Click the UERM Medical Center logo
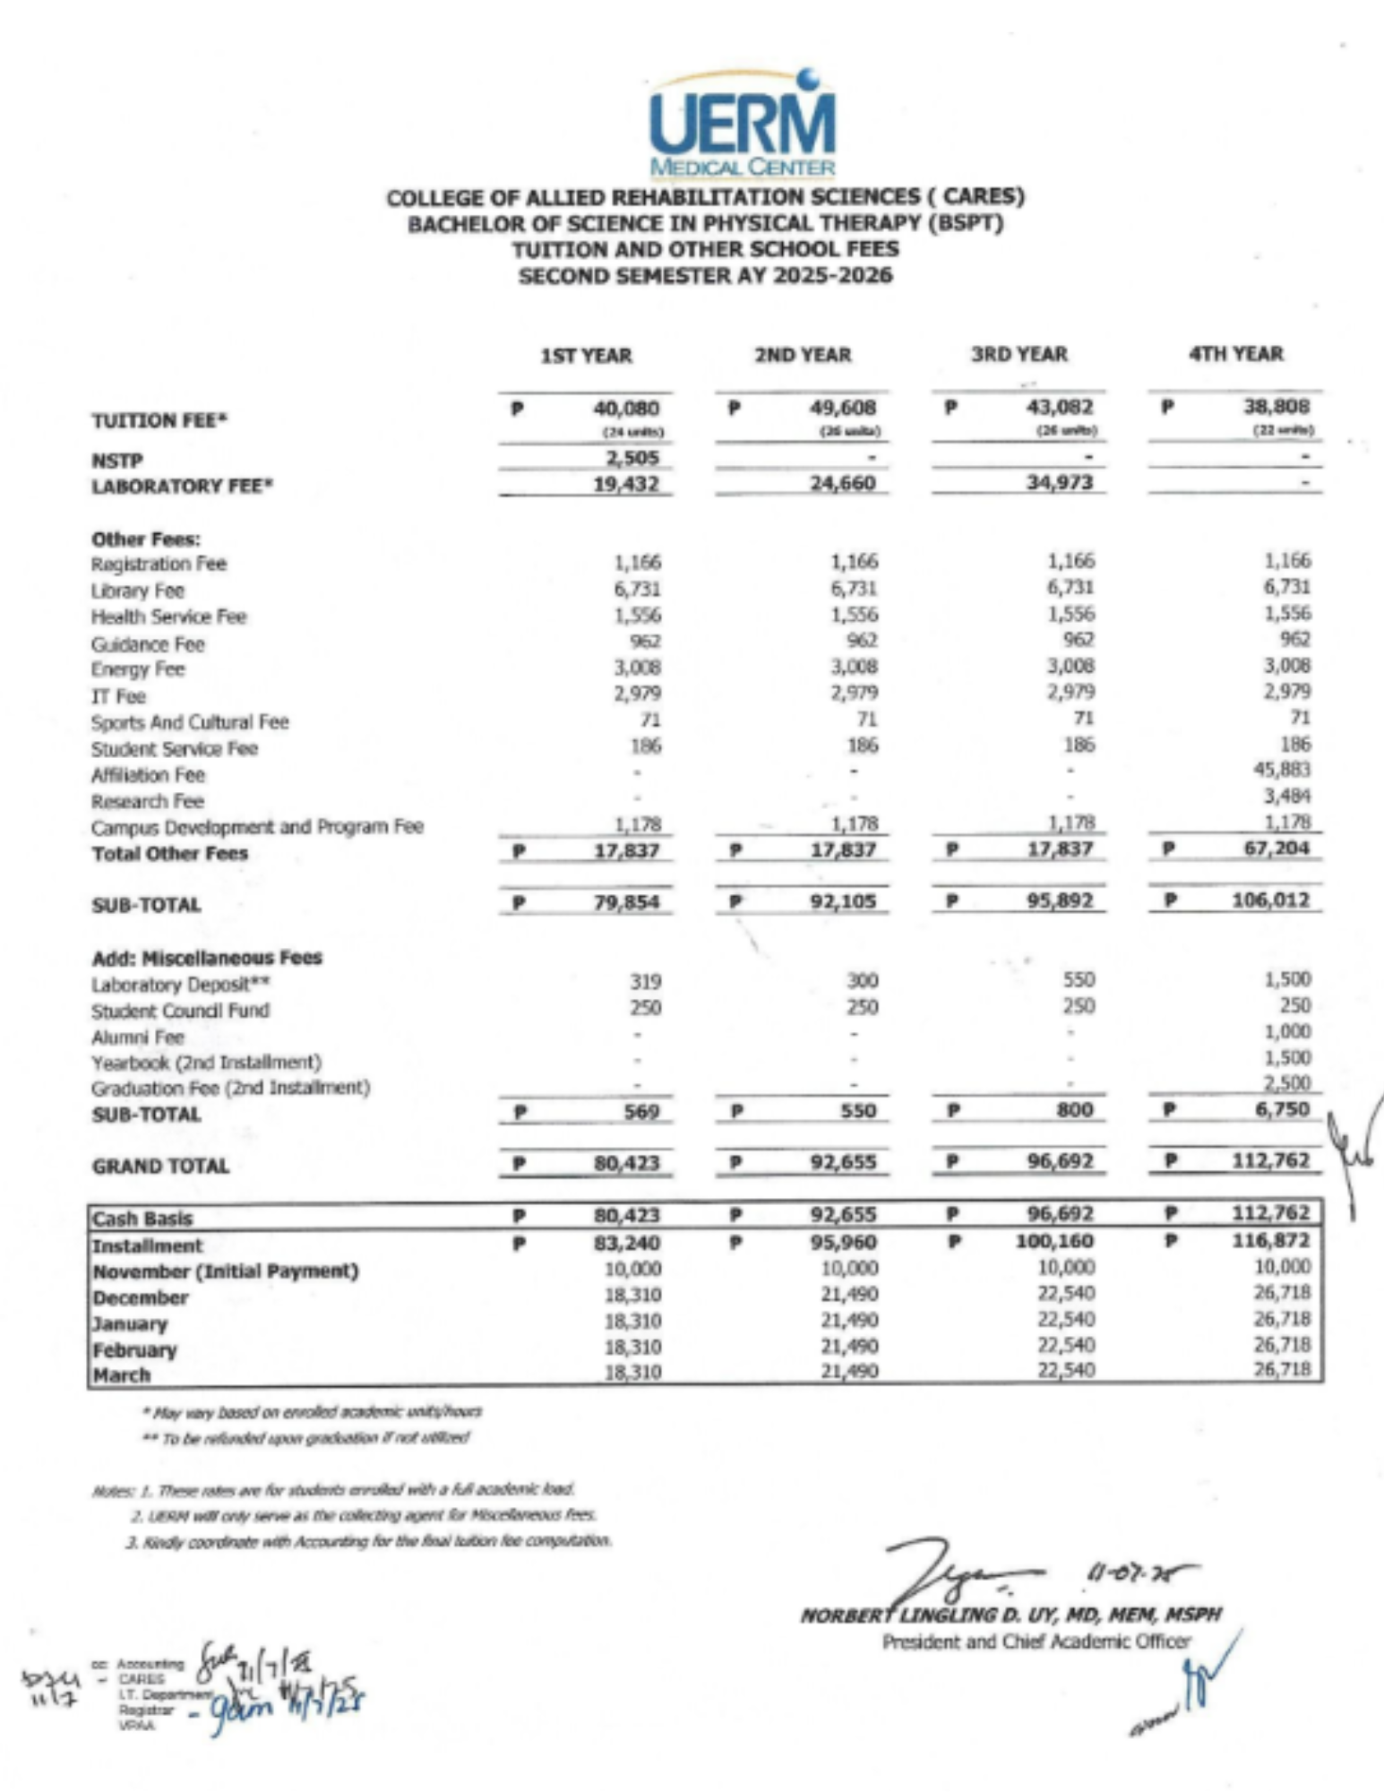coord(742,124)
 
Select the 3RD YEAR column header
coord(1019,355)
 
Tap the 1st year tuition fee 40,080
coord(626,409)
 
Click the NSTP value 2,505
coord(632,458)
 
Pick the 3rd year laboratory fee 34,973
coord(1061,483)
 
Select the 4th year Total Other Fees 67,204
coord(1277,848)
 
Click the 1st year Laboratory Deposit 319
coord(645,982)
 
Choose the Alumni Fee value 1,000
coord(1287,1031)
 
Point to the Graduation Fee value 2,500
coord(1287,1082)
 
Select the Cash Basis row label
coord(142,1219)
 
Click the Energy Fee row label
coord(137,669)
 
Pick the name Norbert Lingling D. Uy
coord(1010,1615)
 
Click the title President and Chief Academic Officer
coord(1036,1642)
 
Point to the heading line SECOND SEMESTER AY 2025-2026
coord(705,275)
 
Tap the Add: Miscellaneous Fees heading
coord(207,957)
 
